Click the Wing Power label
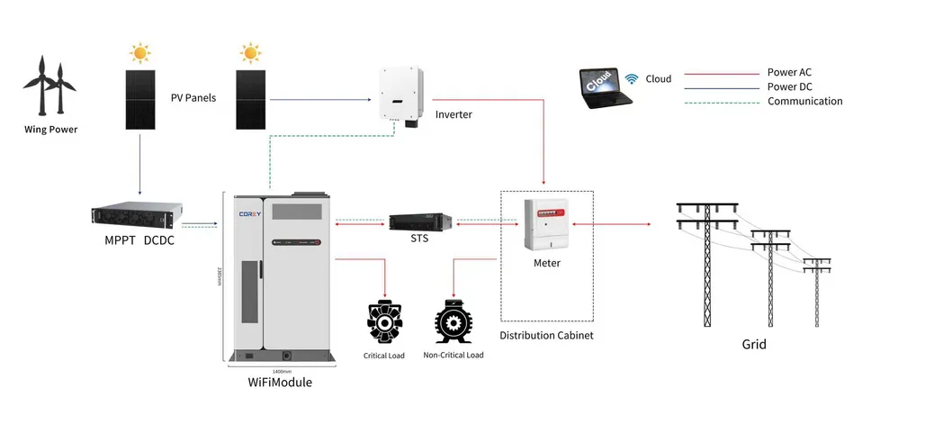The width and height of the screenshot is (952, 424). (50, 130)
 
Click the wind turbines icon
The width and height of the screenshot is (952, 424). (50, 85)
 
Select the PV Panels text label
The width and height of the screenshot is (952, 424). (193, 98)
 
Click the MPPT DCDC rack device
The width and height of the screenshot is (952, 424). (138, 215)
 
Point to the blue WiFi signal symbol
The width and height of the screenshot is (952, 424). (632, 78)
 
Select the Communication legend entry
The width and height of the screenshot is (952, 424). (804, 102)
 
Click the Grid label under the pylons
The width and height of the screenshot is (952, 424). (753, 344)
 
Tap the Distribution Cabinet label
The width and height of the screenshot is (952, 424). (546, 335)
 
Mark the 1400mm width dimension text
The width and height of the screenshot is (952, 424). (282, 371)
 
